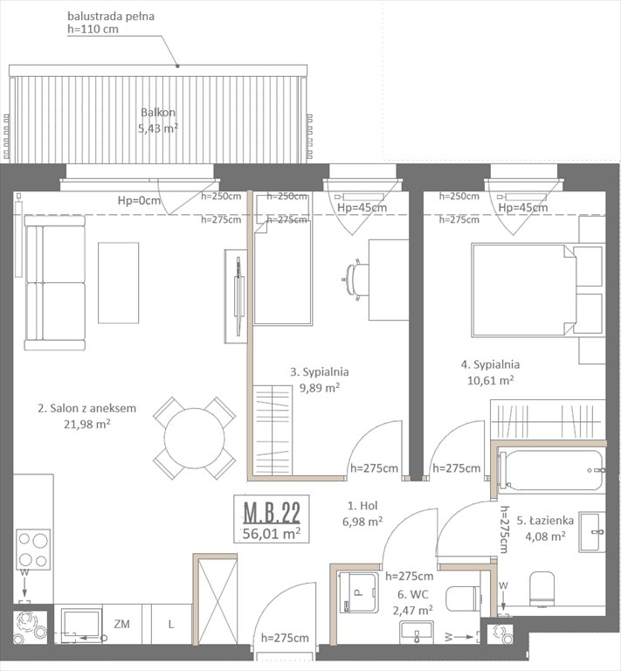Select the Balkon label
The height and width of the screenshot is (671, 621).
[158, 113]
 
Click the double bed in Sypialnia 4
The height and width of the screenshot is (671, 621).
[524, 290]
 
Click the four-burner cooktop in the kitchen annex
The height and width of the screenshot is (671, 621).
[32, 550]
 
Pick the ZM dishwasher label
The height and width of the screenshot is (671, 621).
[122, 625]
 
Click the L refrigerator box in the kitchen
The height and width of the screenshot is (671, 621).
[170, 625]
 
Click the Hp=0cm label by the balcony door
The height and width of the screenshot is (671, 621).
[141, 201]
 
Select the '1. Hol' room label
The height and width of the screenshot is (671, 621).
[362, 505]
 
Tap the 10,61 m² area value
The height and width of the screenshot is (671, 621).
[490, 380]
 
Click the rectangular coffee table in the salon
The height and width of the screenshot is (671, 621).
[118, 283]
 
